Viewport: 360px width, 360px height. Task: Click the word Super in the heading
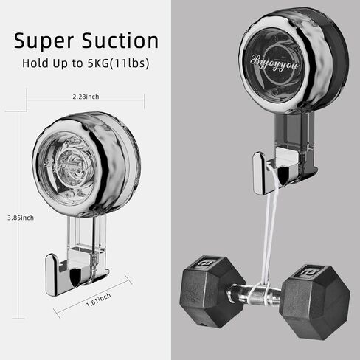point(44,41)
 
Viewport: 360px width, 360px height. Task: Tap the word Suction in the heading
point(120,40)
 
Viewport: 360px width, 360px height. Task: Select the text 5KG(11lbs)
point(118,63)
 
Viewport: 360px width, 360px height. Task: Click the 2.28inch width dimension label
point(86,97)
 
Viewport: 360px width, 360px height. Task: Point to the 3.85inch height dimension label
point(21,218)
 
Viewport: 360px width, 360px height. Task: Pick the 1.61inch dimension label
point(98,300)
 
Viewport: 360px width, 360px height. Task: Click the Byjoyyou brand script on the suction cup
point(274,63)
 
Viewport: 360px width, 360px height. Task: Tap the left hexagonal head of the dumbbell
point(212,292)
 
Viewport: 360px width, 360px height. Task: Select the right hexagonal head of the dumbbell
point(315,302)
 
